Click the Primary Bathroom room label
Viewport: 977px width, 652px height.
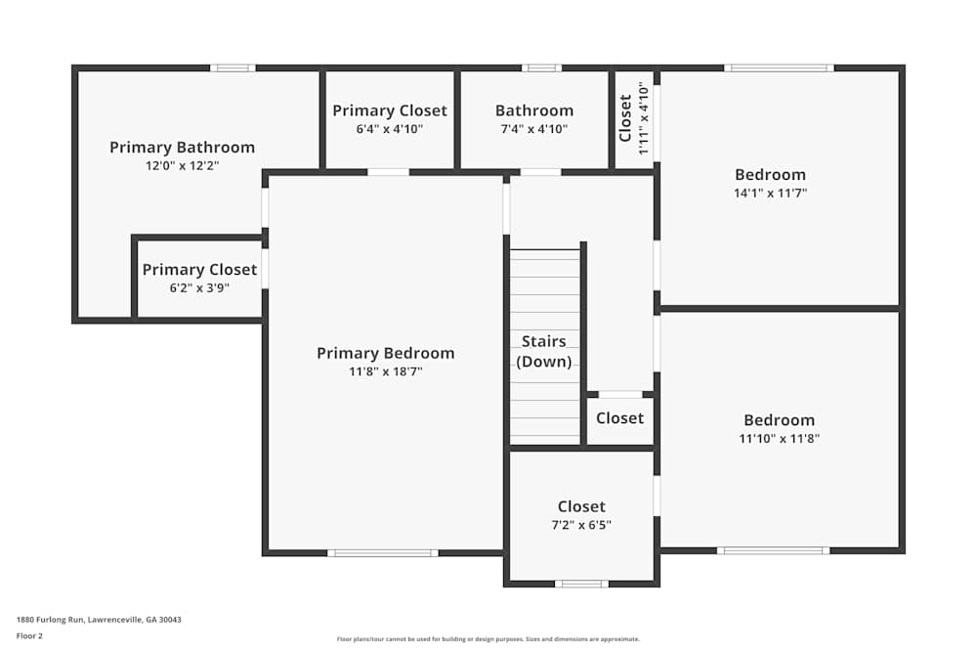(x=182, y=148)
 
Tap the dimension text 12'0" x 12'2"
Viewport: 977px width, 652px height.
(x=182, y=166)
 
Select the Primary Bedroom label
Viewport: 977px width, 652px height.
(x=385, y=353)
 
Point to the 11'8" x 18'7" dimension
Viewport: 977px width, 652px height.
(x=385, y=371)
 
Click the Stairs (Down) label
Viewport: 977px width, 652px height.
(x=544, y=351)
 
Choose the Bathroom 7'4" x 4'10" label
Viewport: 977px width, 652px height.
(x=533, y=110)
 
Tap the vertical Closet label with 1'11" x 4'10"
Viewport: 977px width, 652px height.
(x=626, y=117)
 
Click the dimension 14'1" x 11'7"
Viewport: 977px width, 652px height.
(x=770, y=193)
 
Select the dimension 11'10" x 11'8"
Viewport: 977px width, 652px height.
(x=779, y=439)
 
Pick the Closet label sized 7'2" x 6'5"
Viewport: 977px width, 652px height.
(x=581, y=506)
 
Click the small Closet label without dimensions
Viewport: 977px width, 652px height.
(x=619, y=418)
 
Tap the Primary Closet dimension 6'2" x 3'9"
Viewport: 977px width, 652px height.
(x=199, y=287)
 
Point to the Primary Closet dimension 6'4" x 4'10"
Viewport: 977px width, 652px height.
(x=389, y=128)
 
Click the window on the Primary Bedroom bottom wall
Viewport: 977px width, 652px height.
(x=382, y=553)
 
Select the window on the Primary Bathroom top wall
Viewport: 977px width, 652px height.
(x=233, y=68)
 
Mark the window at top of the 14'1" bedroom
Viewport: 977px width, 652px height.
(x=779, y=68)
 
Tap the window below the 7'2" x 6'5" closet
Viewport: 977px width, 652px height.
(x=581, y=585)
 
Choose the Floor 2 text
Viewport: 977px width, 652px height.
(x=29, y=635)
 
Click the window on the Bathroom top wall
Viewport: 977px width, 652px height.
(x=541, y=68)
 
